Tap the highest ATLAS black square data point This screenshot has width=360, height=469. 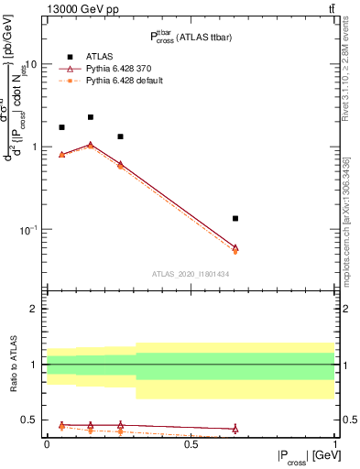tap(91, 117)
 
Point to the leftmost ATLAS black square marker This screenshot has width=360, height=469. tap(61, 127)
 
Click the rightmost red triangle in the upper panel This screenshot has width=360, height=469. tap(235, 247)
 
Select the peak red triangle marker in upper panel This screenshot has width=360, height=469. tap(91, 145)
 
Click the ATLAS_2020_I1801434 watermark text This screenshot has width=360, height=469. tap(191, 274)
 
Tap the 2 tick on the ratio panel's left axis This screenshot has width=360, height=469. tap(35, 309)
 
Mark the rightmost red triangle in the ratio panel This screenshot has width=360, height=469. tap(235, 429)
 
